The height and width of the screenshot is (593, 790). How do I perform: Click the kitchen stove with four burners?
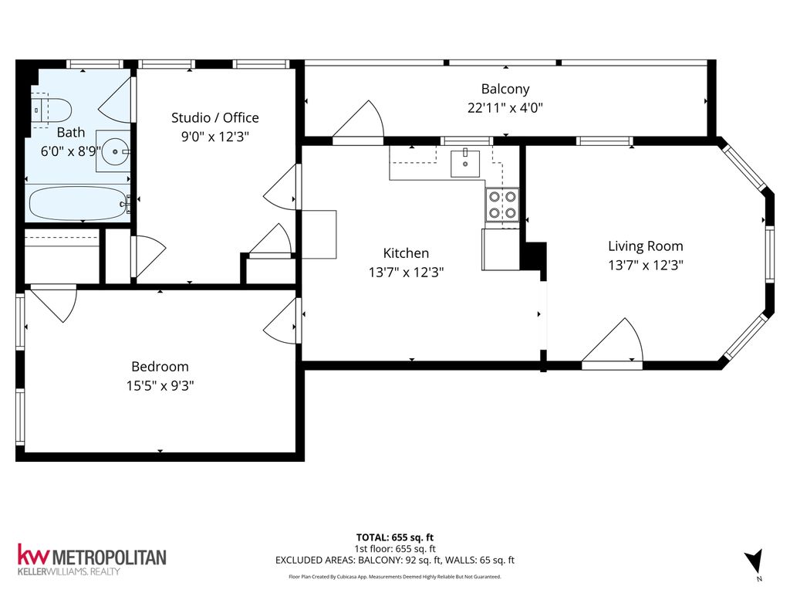[501, 205]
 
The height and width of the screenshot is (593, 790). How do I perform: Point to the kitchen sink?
[465, 162]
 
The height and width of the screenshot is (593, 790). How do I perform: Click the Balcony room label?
[505, 89]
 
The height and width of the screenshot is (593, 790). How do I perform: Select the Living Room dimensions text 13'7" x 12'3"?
[645, 264]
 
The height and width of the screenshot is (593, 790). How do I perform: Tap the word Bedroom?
[160, 367]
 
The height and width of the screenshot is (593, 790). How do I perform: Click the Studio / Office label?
[214, 117]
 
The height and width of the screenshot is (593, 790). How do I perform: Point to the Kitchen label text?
[406, 253]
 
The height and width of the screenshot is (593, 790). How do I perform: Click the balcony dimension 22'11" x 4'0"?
[505, 108]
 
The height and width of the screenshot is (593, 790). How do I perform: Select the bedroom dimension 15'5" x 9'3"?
[160, 385]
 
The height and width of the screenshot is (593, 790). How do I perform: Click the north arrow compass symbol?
[755, 561]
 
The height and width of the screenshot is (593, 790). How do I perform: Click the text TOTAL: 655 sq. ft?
[394, 537]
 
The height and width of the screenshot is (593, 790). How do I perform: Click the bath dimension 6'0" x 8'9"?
[70, 151]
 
